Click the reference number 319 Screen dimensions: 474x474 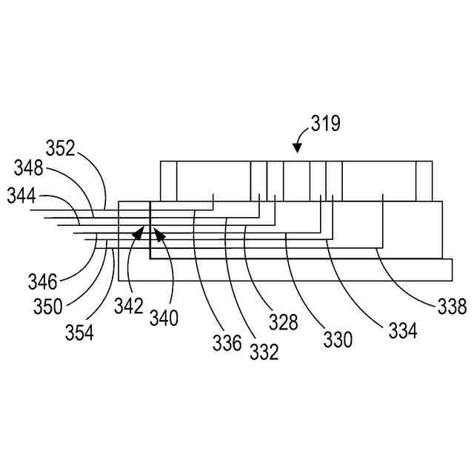tap(325, 123)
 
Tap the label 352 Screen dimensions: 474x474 tap(61, 149)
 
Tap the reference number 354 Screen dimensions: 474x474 tap(79, 332)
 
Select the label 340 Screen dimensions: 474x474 tap(164, 318)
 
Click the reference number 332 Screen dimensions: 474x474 tap(264, 352)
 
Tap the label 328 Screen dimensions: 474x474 tap(283, 322)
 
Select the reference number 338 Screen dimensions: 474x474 tap(451, 306)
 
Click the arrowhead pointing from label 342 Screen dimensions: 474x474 tap(138, 233)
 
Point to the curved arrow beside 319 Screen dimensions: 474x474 tap(300, 138)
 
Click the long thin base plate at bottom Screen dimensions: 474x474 tap(285, 270)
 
